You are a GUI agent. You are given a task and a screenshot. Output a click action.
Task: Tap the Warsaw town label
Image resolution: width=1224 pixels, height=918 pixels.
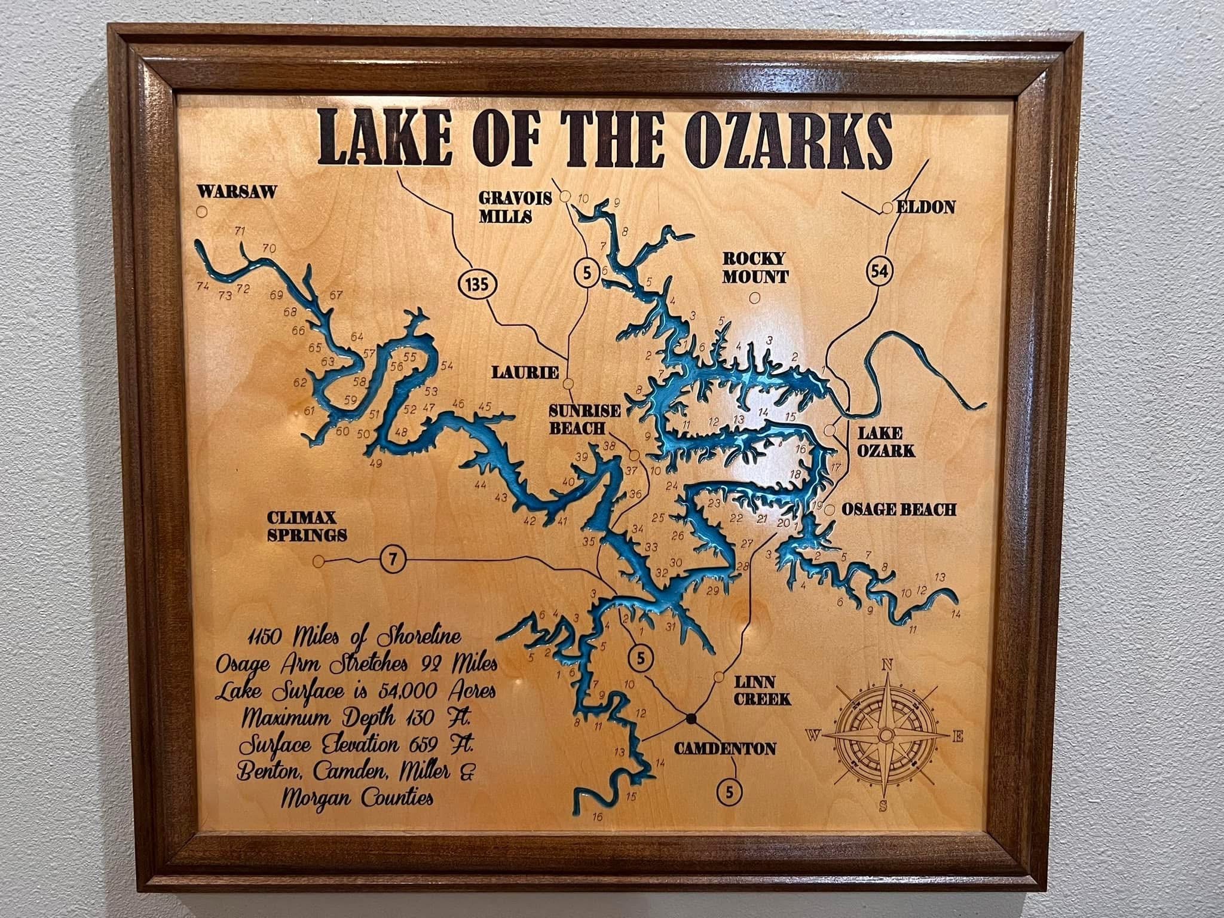click(237, 192)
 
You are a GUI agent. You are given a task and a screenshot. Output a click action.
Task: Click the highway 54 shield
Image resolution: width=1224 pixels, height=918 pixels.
click(879, 271)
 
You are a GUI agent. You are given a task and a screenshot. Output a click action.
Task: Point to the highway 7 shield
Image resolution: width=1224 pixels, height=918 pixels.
click(393, 560)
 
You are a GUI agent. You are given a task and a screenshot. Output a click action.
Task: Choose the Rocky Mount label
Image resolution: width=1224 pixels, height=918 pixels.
click(755, 268)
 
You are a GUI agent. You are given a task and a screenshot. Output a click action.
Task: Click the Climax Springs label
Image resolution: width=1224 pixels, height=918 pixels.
click(307, 526)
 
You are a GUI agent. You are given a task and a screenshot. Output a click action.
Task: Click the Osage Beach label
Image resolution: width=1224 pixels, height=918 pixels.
click(899, 509)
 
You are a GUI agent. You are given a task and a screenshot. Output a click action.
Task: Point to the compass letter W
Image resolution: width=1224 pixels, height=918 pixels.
click(813, 735)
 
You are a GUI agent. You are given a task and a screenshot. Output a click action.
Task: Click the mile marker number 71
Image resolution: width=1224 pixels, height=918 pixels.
click(240, 231)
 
